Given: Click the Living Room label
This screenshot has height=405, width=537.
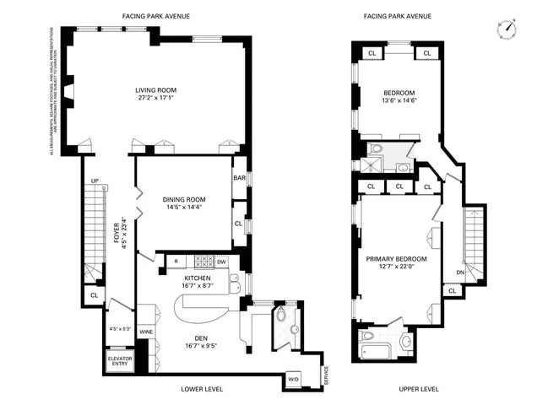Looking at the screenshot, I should [x=155, y=90].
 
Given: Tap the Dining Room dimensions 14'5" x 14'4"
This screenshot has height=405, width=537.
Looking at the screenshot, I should [x=183, y=208].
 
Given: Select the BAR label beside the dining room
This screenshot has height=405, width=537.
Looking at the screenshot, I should [x=238, y=178].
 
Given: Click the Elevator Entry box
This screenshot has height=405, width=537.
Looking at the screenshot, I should [x=118, y=362].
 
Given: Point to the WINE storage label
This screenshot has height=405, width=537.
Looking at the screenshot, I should [x=145, y=332].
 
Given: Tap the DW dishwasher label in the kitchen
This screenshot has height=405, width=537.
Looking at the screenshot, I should [x=222, y=262].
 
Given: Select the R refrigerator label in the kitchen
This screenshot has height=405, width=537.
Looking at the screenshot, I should [x=175, y=262].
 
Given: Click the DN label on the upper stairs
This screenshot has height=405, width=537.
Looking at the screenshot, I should [x=460, y=272].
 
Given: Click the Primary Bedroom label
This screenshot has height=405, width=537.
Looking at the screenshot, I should [x=396, y=260].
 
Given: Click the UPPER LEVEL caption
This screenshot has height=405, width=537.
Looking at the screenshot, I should [x=420, y=390].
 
